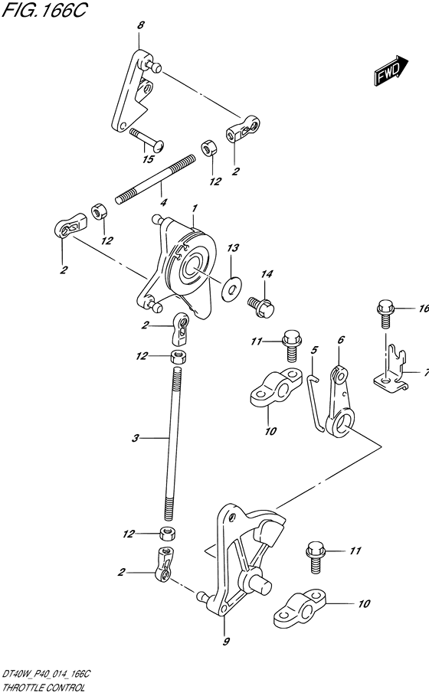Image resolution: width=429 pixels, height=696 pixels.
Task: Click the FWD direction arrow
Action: click(391, 70)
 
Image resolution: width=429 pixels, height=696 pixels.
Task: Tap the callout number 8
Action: click(141, 25)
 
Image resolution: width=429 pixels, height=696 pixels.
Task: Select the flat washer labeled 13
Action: click(231, 286)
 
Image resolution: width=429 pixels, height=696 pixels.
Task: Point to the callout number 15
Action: click(149, 159)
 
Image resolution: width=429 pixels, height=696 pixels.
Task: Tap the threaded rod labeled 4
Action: click(156, 178)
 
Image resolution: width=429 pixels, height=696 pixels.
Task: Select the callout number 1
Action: click(195, 207)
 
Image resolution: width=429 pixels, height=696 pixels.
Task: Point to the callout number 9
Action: click(226, 641)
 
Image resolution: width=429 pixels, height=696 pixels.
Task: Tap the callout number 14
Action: click(267, 275)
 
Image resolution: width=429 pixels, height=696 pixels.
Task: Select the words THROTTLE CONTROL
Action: click(44, 688)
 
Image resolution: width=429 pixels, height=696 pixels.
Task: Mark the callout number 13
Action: click(233, 247)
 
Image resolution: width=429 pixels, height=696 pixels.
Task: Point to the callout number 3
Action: click(136, 438)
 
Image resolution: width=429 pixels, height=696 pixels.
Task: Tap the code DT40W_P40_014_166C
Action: click(46, 675)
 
